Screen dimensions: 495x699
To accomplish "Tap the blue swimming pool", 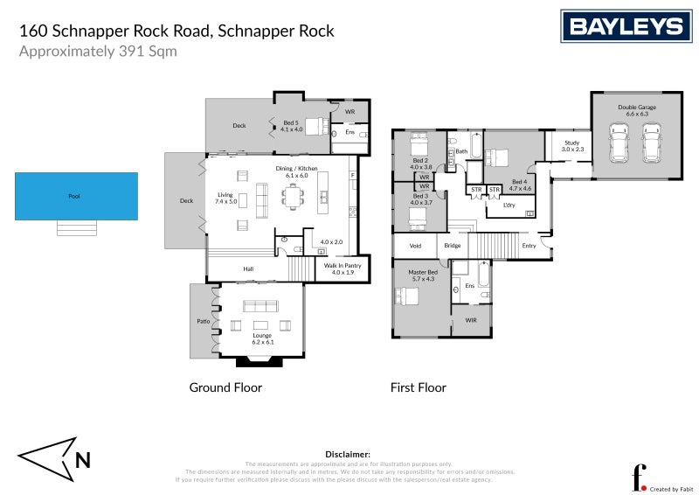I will pyautogui.click(x=75, y=196).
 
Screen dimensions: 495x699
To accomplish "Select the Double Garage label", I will pyautogui.click(x=637, y=108).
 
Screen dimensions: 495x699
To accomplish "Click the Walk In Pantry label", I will pyautogui.click(x=343, y=268).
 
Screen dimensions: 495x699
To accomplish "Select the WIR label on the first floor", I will pyautogui.click(x=471, y=321).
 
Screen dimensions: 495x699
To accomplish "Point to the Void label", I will pyautogui.click(x=415, y=246).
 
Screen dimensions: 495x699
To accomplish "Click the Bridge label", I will pyautogui.click(x=452, y=246).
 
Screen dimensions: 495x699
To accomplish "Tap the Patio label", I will pyautogui.click(x=203, y=321).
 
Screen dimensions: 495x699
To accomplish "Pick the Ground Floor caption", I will pyautogui.click(x=225, y=387).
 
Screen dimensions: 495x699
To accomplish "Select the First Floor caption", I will pyautogui.click(x=418, y=387).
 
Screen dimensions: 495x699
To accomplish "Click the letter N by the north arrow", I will pyautogui.click(x=83, y=459).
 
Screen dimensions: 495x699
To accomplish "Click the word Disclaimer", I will pyautogui.click(x=348, y=455).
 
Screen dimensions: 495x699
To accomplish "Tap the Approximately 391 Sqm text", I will pyautogui.click(x=98, y=51).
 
